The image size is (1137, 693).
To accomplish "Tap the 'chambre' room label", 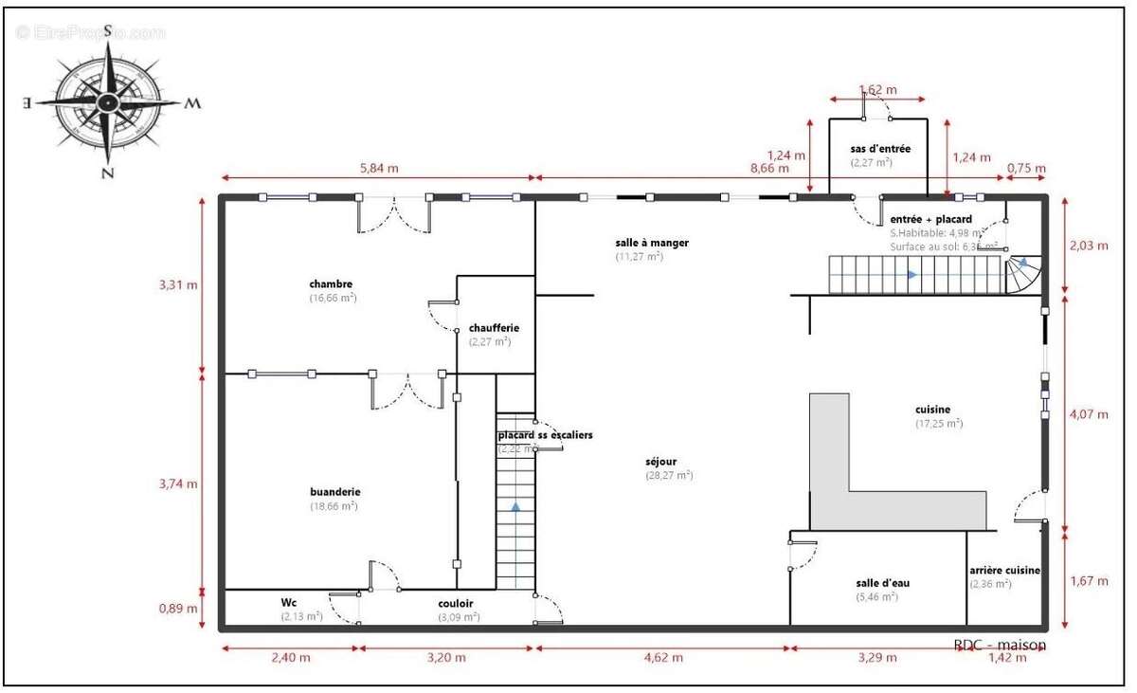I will (x=331, y=283).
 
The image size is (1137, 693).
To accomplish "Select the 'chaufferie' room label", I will (x=494, y=328).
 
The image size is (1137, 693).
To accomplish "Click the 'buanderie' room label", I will (x=334, y=492).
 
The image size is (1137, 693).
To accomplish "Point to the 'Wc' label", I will (x=289, y=602).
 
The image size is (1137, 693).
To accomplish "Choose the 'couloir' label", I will (x=456, y=603).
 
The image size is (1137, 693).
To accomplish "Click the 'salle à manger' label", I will (x=652, y=243).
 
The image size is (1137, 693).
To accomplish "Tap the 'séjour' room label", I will (x=662, y=462).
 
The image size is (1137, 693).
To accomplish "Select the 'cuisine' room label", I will (x=932, y=410).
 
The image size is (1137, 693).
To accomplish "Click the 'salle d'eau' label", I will (x=882, y=583).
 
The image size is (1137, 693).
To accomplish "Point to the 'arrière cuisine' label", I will (x=1004, y=571).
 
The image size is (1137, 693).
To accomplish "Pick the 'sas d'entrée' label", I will (x=880, y=149).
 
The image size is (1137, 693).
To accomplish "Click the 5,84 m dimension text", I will (x=379, y=168).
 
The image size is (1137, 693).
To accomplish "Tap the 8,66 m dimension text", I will (x=769, y=168).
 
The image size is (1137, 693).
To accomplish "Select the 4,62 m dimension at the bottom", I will (x=662, y=657).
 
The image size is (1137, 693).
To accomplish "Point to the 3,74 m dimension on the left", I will (x=178, y=483).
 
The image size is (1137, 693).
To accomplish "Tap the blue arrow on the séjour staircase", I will (x=515, y=507).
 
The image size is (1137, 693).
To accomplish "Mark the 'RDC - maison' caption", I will (x=1000, y=645).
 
